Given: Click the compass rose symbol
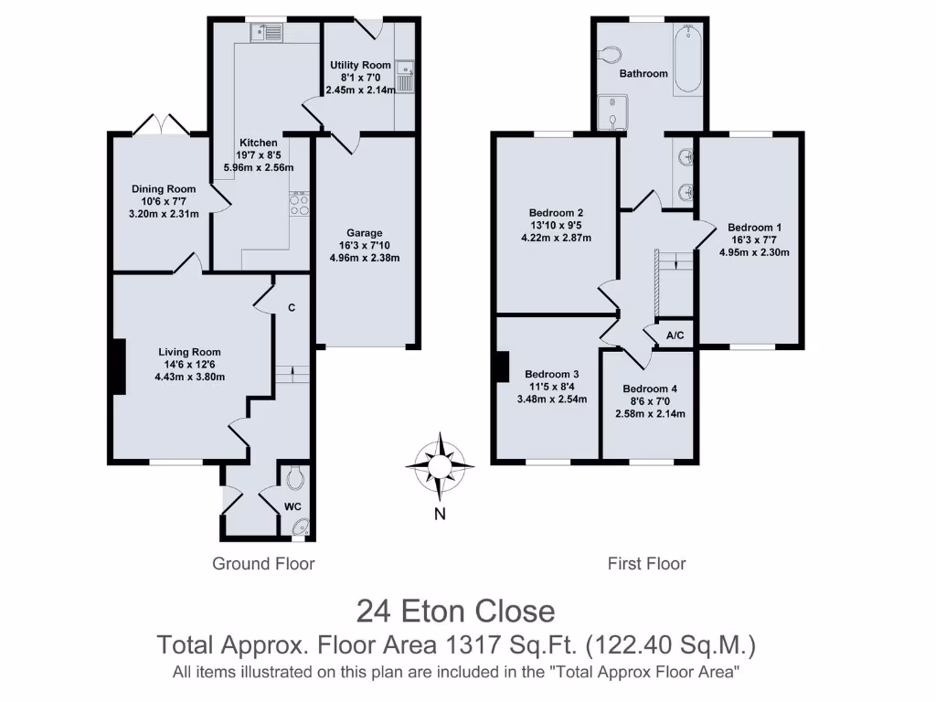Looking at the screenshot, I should (x=440, y=466).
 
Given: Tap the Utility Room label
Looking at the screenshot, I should (x=360, y=65).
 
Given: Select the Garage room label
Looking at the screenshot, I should (x=365, y=232).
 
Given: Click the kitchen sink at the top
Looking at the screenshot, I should (x=269, y=35).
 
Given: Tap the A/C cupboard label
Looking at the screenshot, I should (x=675, y=336).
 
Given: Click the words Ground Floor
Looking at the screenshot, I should (x=263, y=563).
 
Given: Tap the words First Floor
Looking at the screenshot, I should (x=646, y=563).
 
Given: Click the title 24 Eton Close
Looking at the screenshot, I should (x=455, y=611).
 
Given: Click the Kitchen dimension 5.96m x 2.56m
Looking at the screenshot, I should (x=259, y=168).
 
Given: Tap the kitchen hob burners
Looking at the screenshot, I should (x=298, y=204).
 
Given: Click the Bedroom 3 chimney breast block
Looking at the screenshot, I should (x=501, y=367).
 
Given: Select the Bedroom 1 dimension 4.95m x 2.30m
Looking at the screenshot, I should (x=754, y=253).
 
